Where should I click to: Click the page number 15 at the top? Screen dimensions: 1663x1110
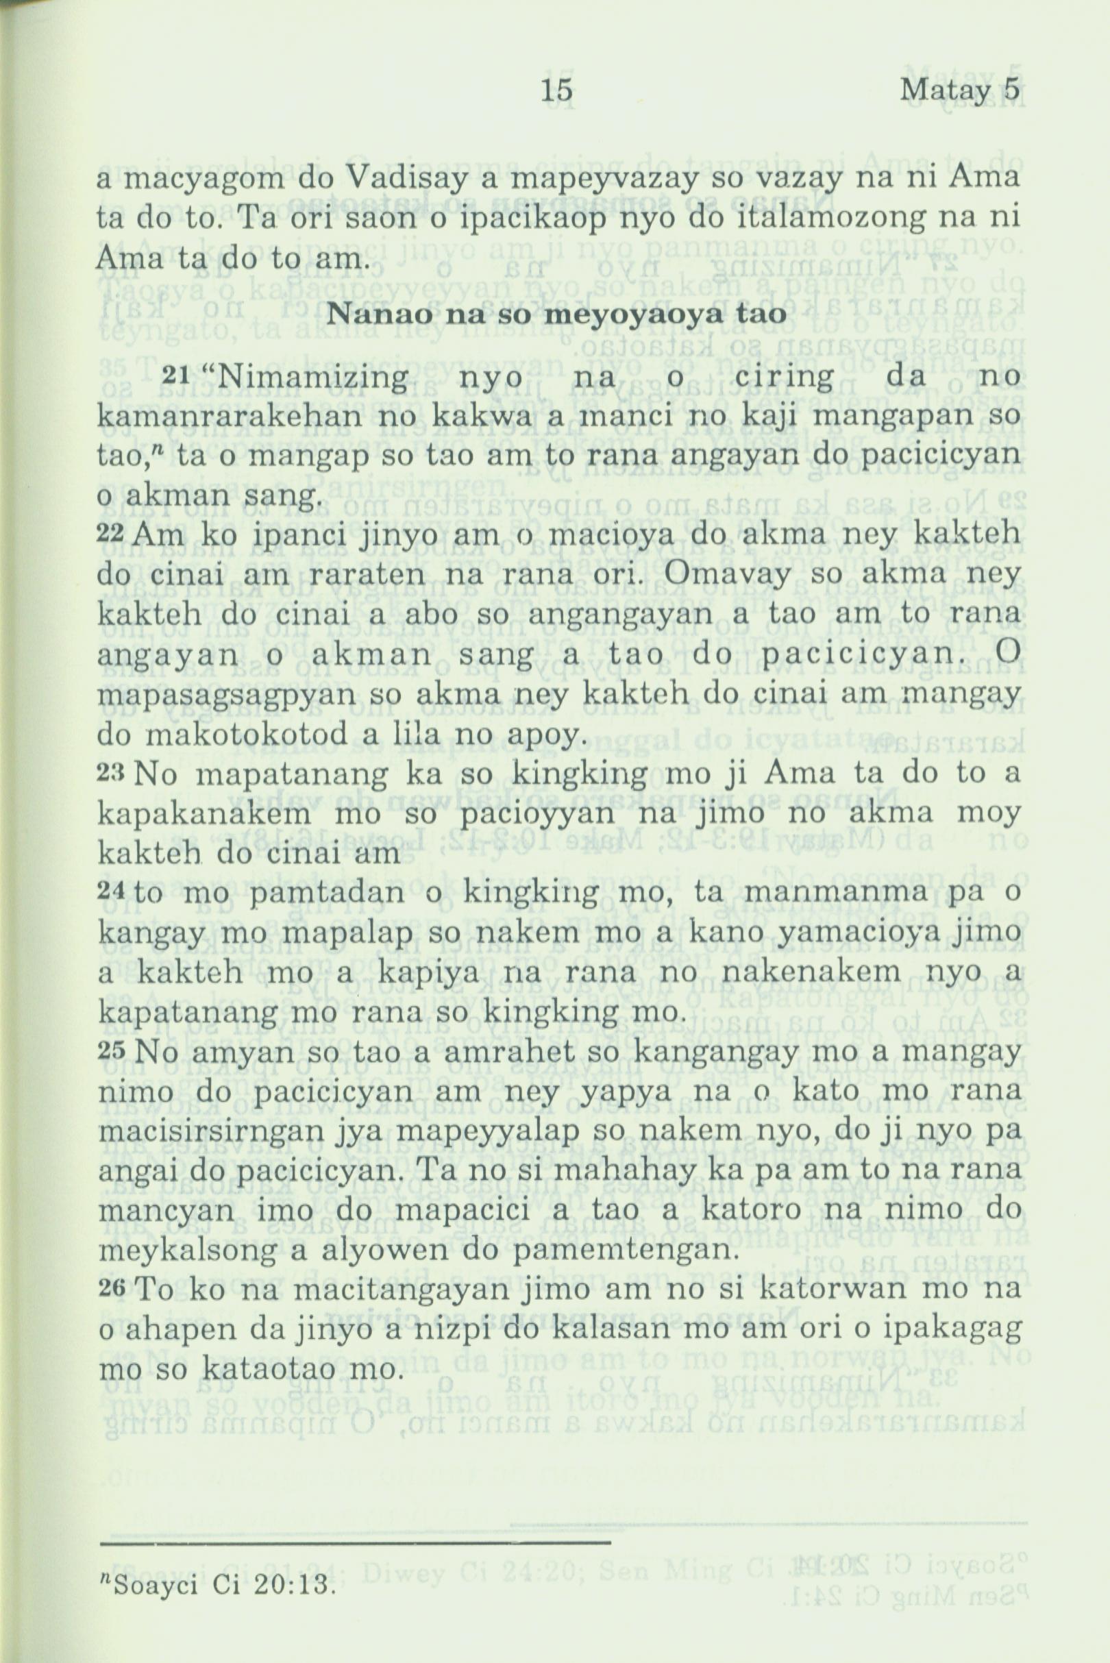[556, 90]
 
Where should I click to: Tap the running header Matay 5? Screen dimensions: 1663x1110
[959, 90]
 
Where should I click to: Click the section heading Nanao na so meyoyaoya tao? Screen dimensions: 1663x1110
[556, 314]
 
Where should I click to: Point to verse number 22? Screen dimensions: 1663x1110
[111, 533]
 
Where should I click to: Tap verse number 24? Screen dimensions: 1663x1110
[111, 893]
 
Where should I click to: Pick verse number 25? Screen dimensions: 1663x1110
[111, 1052]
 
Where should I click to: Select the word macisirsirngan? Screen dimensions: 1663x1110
[231, 1132]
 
